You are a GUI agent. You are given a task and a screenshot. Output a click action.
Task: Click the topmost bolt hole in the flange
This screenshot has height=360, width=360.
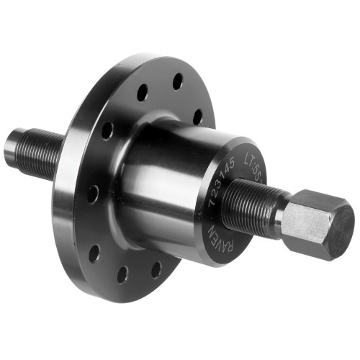(176, 81)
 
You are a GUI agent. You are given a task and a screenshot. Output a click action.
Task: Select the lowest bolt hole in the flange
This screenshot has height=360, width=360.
(123, 274)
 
